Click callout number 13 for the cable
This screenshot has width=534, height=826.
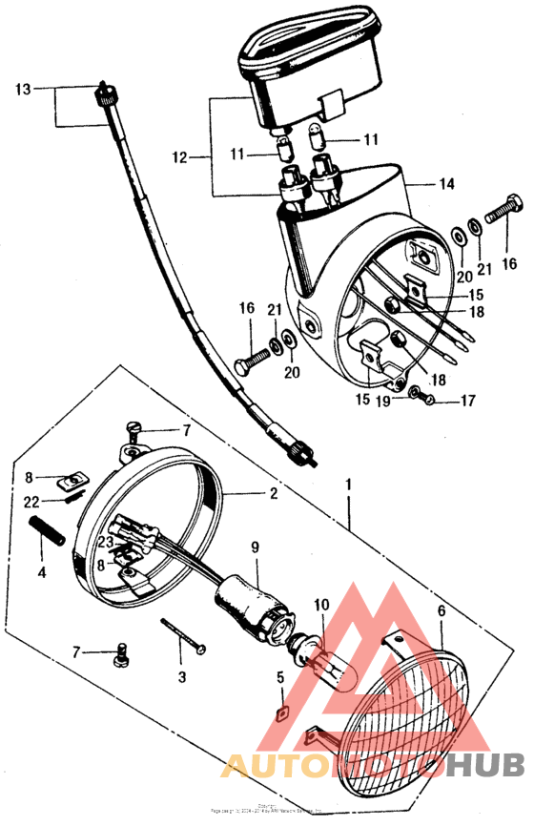[x=23, y=90]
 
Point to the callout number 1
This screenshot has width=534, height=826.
[x=350, y=485]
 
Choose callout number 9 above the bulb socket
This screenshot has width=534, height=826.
[x=255, y=547]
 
